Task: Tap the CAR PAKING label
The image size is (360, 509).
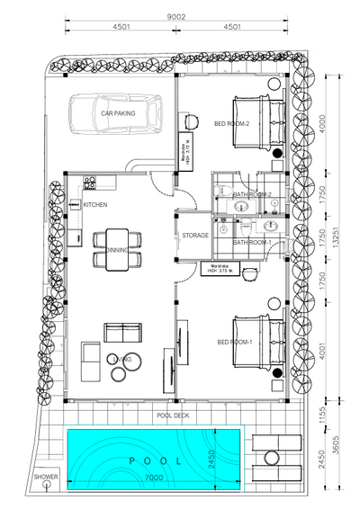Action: click(x=118, y=114)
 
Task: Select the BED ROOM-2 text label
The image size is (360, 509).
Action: click(x=231, y=123)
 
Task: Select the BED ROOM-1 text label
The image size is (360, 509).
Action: click(x=234, y=342)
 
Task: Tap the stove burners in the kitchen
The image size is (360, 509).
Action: click(x=89, y=183)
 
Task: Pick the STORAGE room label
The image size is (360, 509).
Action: click(x=195, y=236)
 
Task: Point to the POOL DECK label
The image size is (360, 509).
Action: click(x=173, y=415)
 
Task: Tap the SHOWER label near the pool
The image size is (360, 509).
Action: click(x=46, y=477)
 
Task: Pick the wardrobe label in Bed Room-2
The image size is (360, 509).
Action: click(x=185, y=144)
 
